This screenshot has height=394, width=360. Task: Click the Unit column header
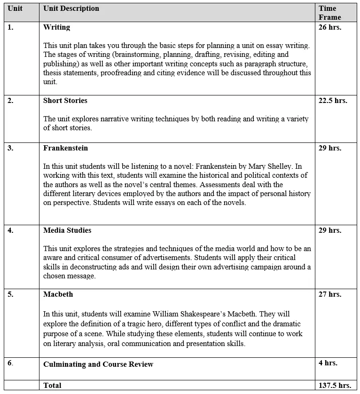(15, 8)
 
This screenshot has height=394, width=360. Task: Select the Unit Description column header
(71, 8)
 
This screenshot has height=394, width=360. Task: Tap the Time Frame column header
(329, 13)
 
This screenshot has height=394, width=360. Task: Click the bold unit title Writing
(56, 27)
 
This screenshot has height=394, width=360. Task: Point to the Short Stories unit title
(65, 101)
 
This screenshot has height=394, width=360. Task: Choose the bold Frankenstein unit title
(65, 148)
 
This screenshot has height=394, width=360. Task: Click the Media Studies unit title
(67, 230)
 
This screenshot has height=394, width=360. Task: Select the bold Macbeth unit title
(58, 294)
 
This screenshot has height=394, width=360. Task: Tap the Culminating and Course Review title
(98, 364)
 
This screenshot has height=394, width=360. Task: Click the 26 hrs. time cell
(330, 27)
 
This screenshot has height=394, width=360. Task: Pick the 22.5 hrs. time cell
(333, 101)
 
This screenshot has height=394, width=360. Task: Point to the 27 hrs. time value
(330, 294)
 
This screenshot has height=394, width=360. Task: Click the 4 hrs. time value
(328, 363)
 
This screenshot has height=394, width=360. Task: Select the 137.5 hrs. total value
(335, 386)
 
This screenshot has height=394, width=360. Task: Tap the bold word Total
(52, 386)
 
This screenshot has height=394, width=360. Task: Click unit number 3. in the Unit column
(10, 148)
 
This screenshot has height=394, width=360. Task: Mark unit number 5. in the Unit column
(10, 294)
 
